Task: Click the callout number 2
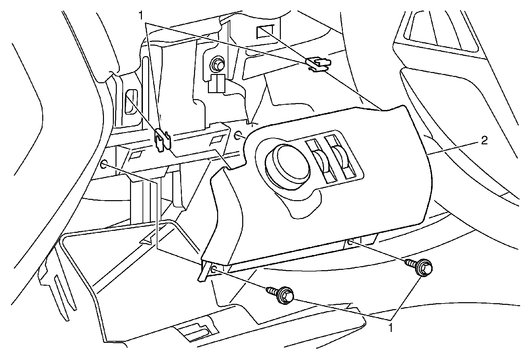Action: (x=483, y=142)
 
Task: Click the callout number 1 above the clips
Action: (x=141, y=15)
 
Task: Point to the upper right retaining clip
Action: (x=317, y=64)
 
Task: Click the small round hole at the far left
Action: (x=104, y=164)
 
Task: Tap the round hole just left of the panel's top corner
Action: (x=239, y=135)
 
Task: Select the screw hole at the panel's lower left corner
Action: (x=214, y=270)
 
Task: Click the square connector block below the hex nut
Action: (x=216, y=84)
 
